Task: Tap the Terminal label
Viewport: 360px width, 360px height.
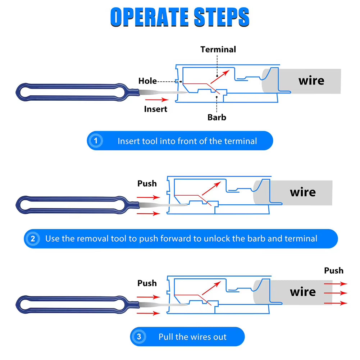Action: [x=218, y=49]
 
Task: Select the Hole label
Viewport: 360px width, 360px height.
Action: [x=147, y=81]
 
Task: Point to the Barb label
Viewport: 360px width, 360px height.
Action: [x=217, y=117]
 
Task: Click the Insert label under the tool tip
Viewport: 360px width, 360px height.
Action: [x=156, y=109]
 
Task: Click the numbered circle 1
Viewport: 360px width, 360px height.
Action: [x=96, y=141]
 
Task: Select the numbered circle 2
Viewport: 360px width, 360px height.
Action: [x=33, y=238]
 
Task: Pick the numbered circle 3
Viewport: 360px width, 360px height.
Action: [x=139, y=337]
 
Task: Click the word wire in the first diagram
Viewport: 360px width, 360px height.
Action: [x=311, y=81]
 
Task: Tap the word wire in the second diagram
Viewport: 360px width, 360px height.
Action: [x=303, y=192]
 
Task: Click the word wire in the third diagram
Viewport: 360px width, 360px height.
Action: [x=303, y=292]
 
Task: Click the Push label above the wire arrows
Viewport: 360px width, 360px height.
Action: [x=334, y=270]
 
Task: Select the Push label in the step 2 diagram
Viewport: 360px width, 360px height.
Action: [x=147, y=183]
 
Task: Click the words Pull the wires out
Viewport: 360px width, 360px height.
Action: [x=192, y=337]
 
